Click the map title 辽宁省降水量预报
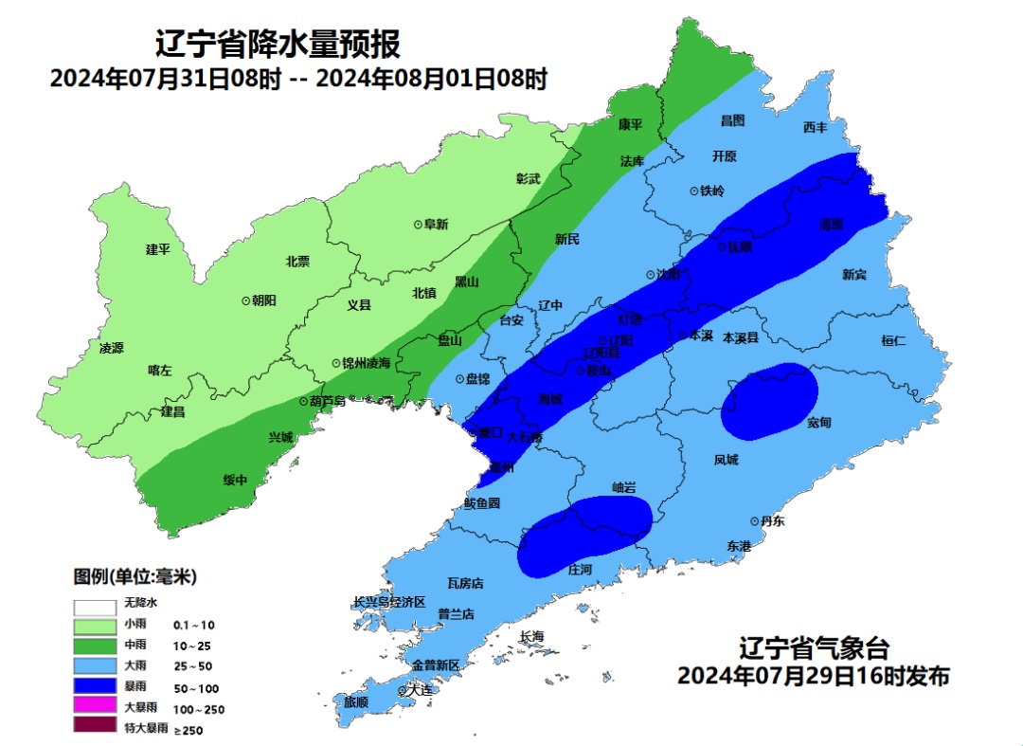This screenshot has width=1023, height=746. click(x=277, y=44)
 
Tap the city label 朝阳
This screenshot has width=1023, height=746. click(x=263, y=300)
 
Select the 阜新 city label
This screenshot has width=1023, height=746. click(x=435, y=225)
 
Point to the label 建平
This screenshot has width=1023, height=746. click(x=157, y=249)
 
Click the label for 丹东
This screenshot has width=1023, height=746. click(x=772, y=521)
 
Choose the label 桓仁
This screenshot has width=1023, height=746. click(x=893, y=340)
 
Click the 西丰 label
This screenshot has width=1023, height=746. click(x=815, y=127)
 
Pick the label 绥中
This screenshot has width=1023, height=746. click(x=235, y=480)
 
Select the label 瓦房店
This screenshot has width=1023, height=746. click(x=465, y=583)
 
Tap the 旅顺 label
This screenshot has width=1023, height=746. click(x=356, y=702)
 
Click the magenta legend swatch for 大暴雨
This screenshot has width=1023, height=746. click(x=95, y=708)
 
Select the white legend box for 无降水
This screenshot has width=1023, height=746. click(x=95, y=604)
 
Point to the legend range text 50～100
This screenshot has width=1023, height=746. click(x=196, y=687)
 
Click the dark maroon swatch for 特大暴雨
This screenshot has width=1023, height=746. click(x=95, y=728)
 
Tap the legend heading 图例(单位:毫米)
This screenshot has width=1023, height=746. click(x=135, y=576)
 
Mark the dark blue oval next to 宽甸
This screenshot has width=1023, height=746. click(x=769, y=402)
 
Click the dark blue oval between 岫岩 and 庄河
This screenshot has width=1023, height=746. click(x=585, y=536)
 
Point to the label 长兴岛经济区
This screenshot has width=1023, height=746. click(x=389, y=602)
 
